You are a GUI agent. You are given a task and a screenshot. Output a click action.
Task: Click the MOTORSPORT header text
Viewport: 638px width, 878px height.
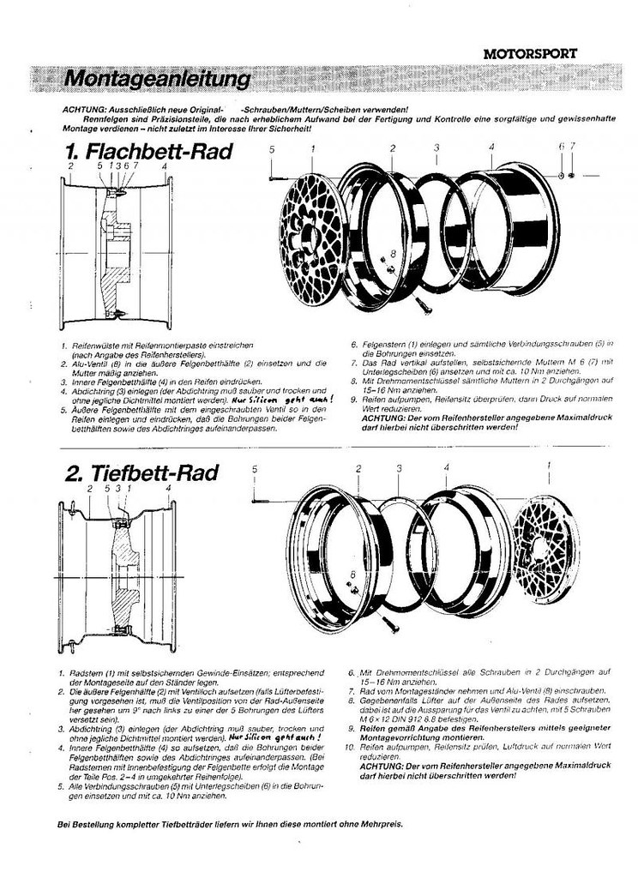[x=529, y=53]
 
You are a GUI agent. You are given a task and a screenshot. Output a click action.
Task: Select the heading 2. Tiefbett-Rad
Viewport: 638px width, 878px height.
[x=141, y=473]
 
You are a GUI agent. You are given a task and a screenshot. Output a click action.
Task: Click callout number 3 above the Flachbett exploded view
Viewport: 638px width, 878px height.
[x=436, y=148]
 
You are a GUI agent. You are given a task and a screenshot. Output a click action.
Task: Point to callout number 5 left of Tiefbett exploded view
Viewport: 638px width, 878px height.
[x=255, y=469]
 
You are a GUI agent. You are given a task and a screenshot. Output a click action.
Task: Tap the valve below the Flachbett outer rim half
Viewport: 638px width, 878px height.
[x=419, y=303]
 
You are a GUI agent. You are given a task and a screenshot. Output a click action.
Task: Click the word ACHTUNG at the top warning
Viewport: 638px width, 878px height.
[x=84, y=110]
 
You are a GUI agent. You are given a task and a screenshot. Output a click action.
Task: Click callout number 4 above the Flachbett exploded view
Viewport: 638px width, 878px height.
[x=491, y=147]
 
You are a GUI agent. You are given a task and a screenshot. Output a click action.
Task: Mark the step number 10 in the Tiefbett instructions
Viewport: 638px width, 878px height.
[x=354, y=747]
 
